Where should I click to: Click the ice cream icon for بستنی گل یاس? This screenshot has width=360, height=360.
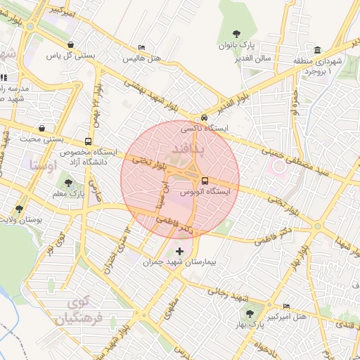tap(70, 44)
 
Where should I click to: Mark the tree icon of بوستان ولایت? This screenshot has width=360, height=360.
tap(19, 209)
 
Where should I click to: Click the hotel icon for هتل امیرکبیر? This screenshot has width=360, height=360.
tap(285, 306)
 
